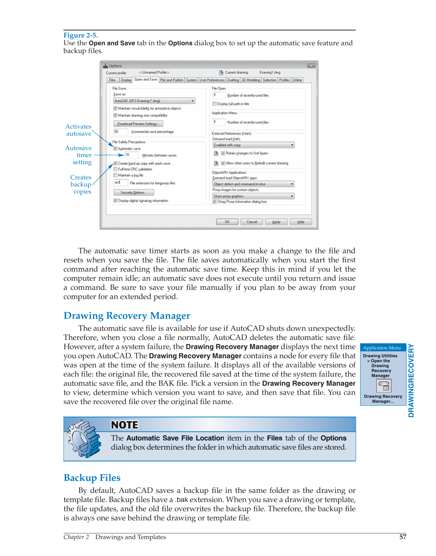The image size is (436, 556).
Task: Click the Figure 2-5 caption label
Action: pyautogui.click(x=80, y=35)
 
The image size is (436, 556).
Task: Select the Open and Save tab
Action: pyautogui.click(x=145, y=79)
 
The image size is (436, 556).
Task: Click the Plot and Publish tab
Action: pyautogui.click(x=171, y=80)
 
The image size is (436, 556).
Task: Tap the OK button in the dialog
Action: pyautogui.click(x=227, y=222)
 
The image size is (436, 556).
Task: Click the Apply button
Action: pyautogui.click(x=276, y=222)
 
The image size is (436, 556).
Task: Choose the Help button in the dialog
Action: pyautogui.click(x=301, y=222)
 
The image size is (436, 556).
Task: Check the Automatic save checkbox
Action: pyautogui.click(x=115, y=149)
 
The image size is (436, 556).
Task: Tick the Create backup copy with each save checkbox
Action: pyautogui.click(x=115, y=163)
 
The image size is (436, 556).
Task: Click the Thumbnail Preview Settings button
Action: pyautogui.click(x=138, y=124)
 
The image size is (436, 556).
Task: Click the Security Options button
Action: pyautogui.click(x=133, y=193)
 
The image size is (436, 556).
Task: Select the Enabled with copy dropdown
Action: pyautogui.click(x=253, y=145)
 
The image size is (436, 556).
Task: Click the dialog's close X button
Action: pyautogui.click(x=311, y=66)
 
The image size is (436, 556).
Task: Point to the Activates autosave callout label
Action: pyautogui.click(x=78, y=130)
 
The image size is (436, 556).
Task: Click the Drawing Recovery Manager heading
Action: pyautogui.click(x=127, y=316)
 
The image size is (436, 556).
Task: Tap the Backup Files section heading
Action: pyautogui.click(x=92, y=478)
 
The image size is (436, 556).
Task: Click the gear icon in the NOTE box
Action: pyautogui.click(x=84, y=439)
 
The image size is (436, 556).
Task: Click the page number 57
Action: pyautogui.click(x=402, y=537)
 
